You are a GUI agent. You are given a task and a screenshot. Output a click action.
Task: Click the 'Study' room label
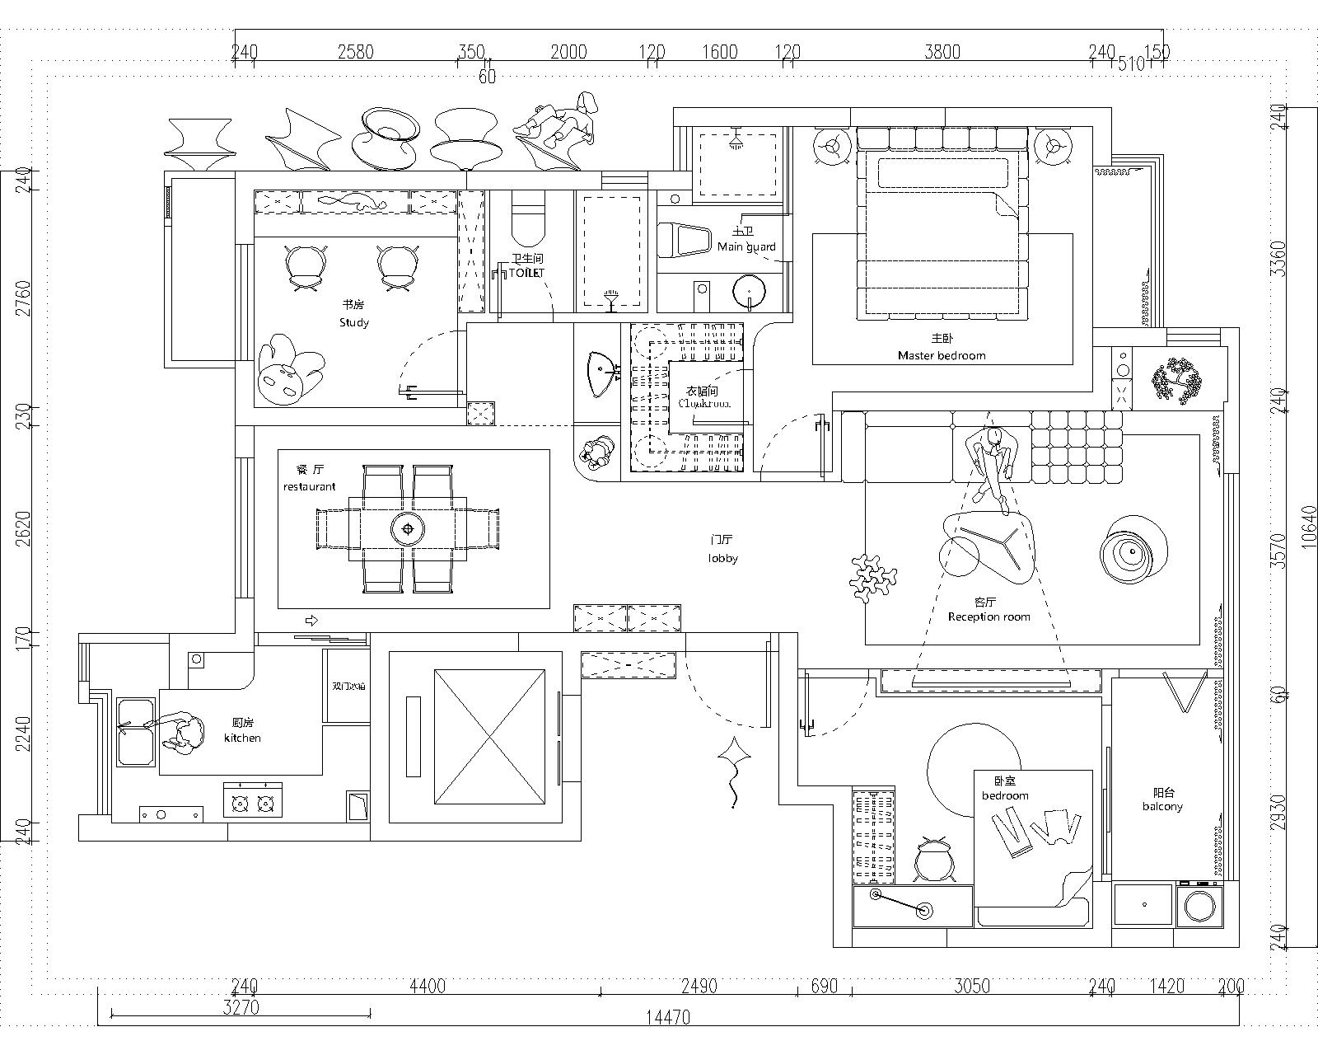pyautogui.click(x=353, y=322)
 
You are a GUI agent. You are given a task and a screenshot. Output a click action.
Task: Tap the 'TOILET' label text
pyautogui.click(x=527, y=272)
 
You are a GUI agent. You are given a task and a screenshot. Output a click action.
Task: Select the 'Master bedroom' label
pyautogui.click(x=941, y=355)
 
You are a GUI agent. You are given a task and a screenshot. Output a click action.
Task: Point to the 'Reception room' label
pyautogui.click(x=988, y=617)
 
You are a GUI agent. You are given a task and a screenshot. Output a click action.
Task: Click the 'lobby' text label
pyautogui.click(x=722, y=558)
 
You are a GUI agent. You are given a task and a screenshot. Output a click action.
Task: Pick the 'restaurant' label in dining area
pyautogui.click(x=309, y=486)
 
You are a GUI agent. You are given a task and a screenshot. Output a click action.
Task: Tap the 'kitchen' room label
pyautogui.click(x=242, y=738)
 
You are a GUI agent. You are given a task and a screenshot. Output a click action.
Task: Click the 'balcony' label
pyautogui.click(x=1162, y=806)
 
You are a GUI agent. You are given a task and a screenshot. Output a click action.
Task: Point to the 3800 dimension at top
pyautogui.click(x=942, y=52)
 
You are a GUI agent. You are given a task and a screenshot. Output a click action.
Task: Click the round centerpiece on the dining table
pyautogui.click(x=407, y=528)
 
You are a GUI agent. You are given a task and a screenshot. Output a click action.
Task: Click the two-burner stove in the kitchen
pyautogui.click(x=253, y=801)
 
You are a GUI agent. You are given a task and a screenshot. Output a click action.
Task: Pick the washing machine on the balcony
pyautogui.click(x=1199, y=905)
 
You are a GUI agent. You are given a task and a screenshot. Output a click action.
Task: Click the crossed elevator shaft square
pyautogui.click(x=489, y=736)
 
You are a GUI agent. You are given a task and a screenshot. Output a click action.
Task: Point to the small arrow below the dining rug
pyautogui.click(x=312, y=620)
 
